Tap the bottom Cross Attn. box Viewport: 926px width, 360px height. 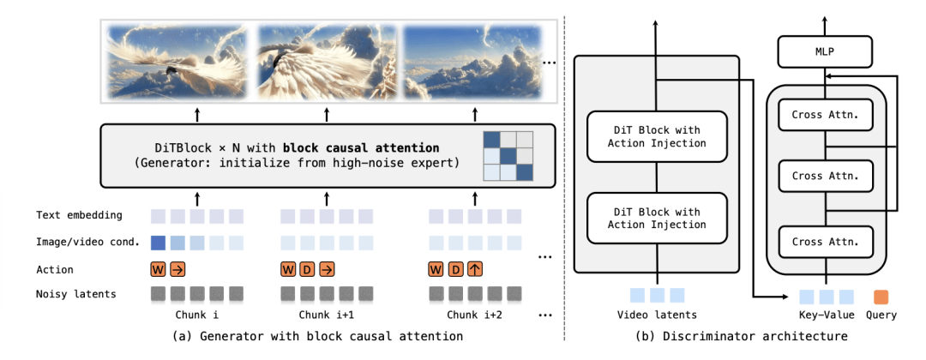point(824,241)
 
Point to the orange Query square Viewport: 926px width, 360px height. point(881,297)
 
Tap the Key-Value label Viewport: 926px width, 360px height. point(826,315)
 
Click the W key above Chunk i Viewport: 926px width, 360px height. point(158,270)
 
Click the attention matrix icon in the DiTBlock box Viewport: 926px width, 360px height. point(507,155)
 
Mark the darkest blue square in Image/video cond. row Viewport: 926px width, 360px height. point(158,243)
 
